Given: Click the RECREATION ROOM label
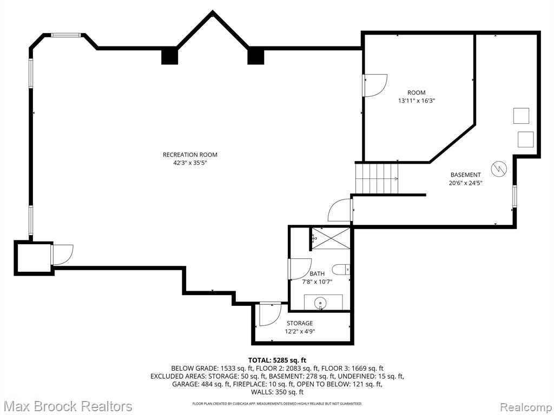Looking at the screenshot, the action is click(x=190, y=155).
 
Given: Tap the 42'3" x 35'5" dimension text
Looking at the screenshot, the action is click(x=190, y=163).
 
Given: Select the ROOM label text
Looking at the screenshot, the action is click(x=417, y=92).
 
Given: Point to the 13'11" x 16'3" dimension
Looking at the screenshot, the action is click(x=417, y=101).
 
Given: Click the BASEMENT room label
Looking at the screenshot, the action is click(x=465, y=175).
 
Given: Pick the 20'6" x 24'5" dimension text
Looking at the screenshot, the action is click(x=465, y=183).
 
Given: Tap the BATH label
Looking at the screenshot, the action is click(x=317, y=273).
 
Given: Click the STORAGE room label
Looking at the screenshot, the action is click(x=300, y=323).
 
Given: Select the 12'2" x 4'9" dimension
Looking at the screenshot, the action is click(x=300, y=331).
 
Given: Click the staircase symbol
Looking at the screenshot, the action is click(x=377, y=178).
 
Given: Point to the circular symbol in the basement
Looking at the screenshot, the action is click(x=499, y=169).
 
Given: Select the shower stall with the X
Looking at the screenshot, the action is click(x=331, y=238).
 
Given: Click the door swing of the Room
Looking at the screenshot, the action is click(x=375, y=85).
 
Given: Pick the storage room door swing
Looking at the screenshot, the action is click(x=271, y=314).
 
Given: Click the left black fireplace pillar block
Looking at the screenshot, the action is click(x=169, y=56).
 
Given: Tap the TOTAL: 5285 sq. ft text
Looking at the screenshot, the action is click(x=277, y=360).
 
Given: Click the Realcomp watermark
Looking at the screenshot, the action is click(x=526, y=407).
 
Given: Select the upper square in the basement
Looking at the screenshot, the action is click(x=521, y=116).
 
